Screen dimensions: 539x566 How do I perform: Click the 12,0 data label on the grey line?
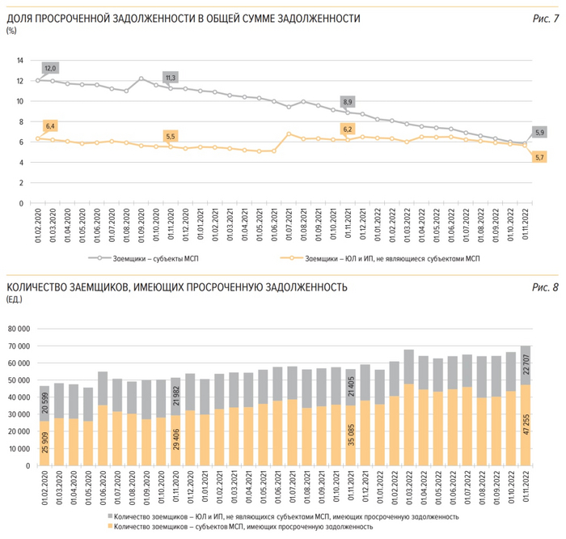[x=49, y=68]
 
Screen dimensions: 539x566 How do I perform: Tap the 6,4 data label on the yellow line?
[x=49, y=126]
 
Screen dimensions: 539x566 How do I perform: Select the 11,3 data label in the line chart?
[x=171, y=78]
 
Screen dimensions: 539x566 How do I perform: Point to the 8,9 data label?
[x=348, y=102]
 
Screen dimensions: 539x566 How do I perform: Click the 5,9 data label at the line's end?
[x=539, y=132]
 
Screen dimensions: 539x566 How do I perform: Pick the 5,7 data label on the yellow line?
[x=539, y=156]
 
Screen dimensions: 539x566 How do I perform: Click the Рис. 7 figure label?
[x=546, y=17]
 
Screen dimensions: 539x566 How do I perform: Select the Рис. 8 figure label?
[x=546, y=286]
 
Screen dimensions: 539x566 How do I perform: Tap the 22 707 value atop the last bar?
[x=526, y=358]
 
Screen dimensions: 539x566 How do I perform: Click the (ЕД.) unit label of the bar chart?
[x=15, y=299]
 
